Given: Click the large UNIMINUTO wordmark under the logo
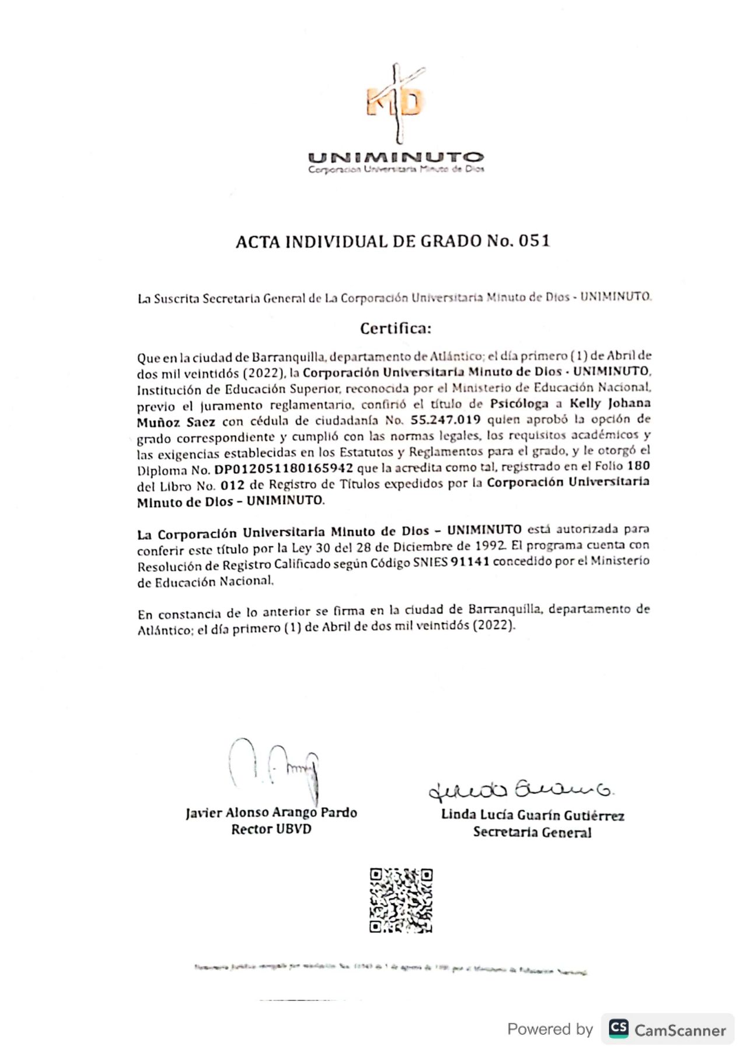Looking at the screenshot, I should click(396, 157).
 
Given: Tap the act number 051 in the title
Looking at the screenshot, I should click(534, 241).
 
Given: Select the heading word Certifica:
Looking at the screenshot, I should click(396, 329).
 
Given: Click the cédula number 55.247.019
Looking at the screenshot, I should click(445, 420).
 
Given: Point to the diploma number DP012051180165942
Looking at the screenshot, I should click(284, 469).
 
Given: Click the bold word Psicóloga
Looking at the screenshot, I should click(519, 403).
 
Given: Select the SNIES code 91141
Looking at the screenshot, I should click(470, 562).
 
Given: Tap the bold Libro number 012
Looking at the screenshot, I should click(232, 486).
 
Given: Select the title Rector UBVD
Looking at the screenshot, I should click(271, 829).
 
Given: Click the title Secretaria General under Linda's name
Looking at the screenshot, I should click(532, 832).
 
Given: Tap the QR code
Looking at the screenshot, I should click(401, 900).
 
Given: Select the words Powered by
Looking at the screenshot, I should click(550, 1029).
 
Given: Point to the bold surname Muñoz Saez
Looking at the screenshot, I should click(176, 422).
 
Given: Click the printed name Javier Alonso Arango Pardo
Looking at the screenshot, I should click(271, 812).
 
